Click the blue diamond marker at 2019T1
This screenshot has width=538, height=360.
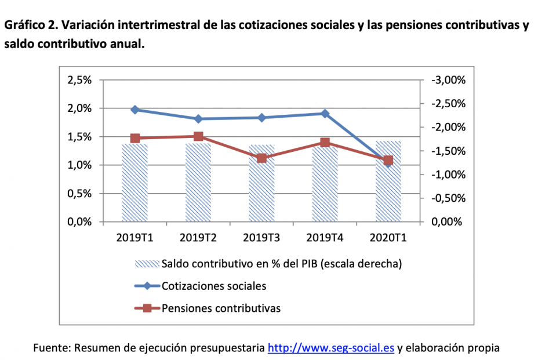pyautogui.click(x=135, y=110)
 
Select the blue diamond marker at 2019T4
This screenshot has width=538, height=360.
pyautogui.click(x=325, y=114)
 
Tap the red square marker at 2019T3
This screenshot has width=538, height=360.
pyautogui.click(x=261, y=158)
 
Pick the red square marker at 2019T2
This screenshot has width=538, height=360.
pyautogui.click(x=198, y=136)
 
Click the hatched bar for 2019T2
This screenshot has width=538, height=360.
pyautogui.click(x=198, y=183)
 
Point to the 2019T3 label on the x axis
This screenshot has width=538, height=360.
pyautogui.click(x=261, y=237)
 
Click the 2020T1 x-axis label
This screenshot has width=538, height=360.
pyautogui.click(x=388, y=237)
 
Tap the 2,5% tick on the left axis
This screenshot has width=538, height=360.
pyautogui.click(x=79, y=80)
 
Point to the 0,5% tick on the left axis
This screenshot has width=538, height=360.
pyautogui.click(x=79, y=194)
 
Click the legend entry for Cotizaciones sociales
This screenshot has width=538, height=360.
pyautogui.click(x=214, y=286)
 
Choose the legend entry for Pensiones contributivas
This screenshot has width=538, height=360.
pyautogui.click(x=221, y=308)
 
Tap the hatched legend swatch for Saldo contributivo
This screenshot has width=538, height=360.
pyautogui.click(x=147, y=264)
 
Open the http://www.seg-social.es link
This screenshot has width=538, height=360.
pyautogui.click(x=331, y=348)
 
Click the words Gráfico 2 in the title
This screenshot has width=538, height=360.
pyautogui.click(x=29, y=26)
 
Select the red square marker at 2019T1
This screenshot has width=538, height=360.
pyautogui.click(x=135, y=138)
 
